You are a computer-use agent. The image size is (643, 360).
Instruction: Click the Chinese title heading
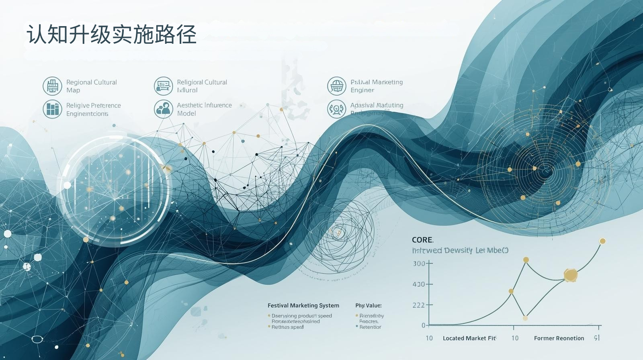[111, 34]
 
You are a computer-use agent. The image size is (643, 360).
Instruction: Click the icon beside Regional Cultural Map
[52, 86]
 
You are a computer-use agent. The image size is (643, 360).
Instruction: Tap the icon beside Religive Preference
[52, 109]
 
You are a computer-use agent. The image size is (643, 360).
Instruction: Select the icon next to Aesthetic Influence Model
[163, 109]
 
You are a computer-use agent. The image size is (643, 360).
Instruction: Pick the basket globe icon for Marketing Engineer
[336, 86]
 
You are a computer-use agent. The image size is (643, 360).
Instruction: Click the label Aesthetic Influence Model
[204, 109]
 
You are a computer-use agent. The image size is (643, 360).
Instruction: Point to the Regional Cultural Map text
[91, 86]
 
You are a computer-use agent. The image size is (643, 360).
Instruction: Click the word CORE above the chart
[422, 240]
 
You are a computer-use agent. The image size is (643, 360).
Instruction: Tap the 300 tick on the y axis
[419, 264]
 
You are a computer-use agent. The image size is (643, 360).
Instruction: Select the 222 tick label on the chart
[418, 305]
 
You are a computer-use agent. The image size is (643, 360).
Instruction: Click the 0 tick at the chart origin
[423, 325]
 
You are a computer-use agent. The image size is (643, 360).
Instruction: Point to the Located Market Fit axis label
[469, 338]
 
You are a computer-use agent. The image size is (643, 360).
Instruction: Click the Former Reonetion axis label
[559, 338]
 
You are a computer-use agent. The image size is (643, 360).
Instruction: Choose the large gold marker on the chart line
[570, 275]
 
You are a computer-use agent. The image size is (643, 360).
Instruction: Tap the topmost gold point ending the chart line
[602, 241]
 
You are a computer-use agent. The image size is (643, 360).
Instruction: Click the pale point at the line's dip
[525, 318]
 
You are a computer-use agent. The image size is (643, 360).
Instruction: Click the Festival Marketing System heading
[303, 305]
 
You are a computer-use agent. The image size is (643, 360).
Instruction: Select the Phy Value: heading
[368, 305]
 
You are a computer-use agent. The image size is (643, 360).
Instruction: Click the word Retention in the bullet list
[370, 327]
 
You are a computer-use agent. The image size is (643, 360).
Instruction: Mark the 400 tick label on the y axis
[418, 284]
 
